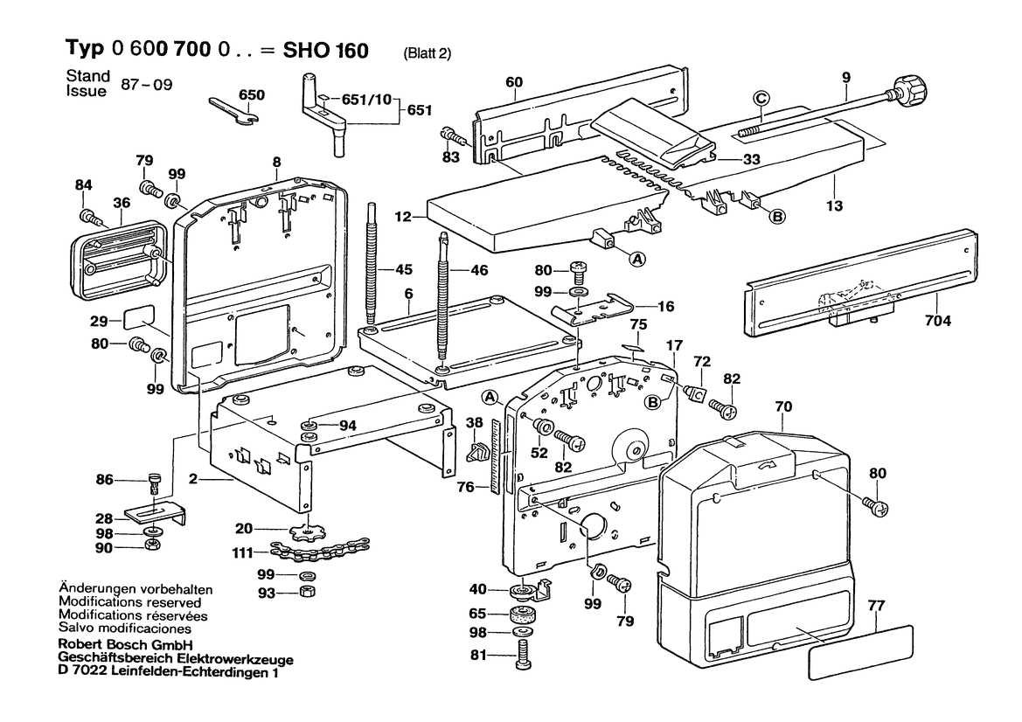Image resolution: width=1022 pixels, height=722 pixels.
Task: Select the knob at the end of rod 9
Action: [x=908, y=88]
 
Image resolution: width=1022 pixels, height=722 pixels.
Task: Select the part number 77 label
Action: [x=876, y=604]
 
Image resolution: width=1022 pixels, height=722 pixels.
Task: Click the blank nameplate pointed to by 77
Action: [x=861, y=651]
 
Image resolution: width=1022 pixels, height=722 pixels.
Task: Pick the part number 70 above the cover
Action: [x=783, y=406]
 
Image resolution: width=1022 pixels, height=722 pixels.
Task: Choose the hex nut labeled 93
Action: [x=308, y=592]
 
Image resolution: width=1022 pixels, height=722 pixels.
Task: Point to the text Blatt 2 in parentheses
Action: [x=427, y=53]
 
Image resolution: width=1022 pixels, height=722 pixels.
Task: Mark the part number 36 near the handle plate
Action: [x=121, y=204]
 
